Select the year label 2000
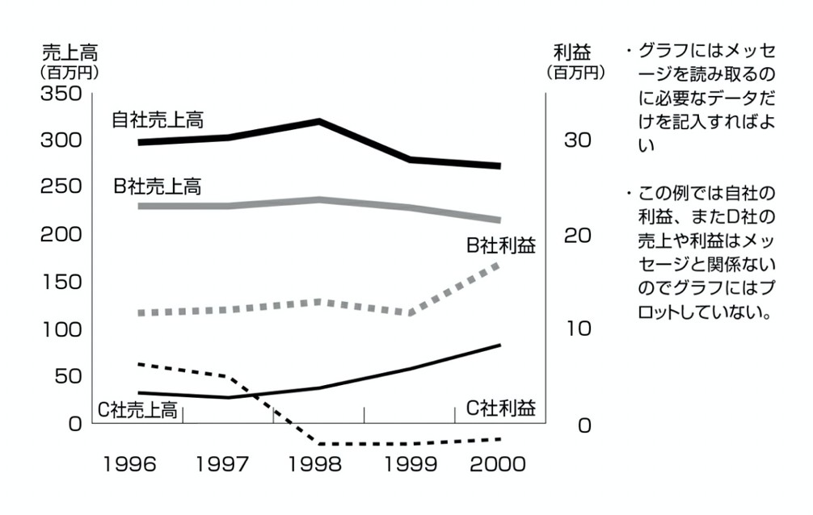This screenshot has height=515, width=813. pyautogui.click(x=497, y=465)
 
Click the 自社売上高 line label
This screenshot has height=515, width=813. pyautogui.click(x=158, y=120)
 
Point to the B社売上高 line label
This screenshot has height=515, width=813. pyautogui.click(x=158, y=187)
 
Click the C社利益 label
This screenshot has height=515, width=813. pyautogui.click(x=501, y=408)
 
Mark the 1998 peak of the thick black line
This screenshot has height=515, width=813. pyautogui.click(x=320, y=122)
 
